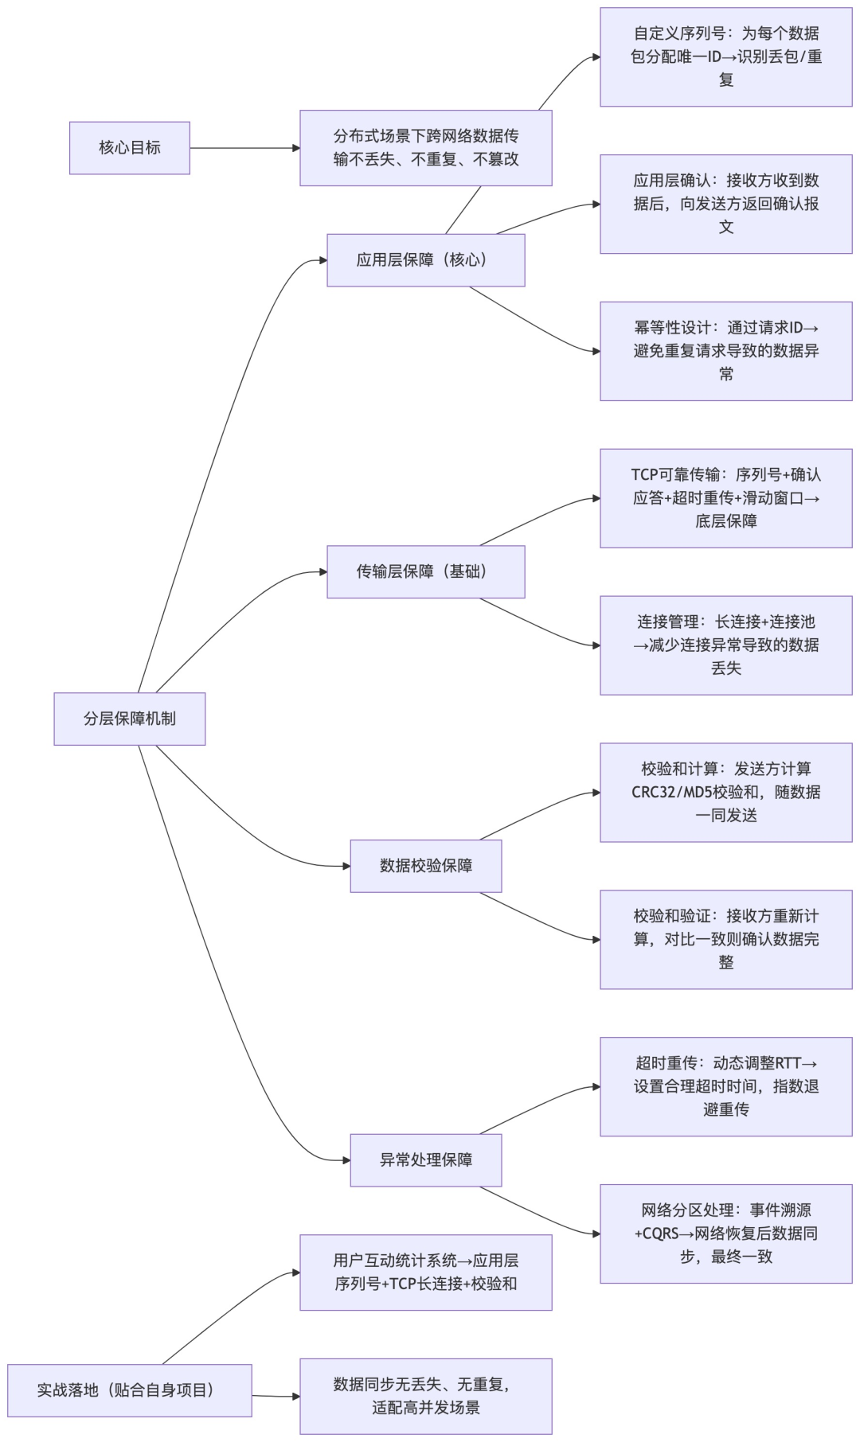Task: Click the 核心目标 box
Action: coord(129,148)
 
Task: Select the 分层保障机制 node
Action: coord(129,719)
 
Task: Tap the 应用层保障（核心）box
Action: coord(425,260)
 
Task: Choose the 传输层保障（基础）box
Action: coord(425,571)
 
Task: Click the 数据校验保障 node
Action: coord(425,866)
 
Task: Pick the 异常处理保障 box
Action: coord(425,1160)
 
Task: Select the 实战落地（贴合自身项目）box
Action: coord(129,1390)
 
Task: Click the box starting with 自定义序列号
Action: coord(725,57)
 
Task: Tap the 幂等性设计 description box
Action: coord(725,351)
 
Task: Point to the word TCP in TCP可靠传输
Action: coord(644,475)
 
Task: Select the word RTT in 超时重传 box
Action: coord(788,1063)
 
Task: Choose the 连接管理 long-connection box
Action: coord(725,645)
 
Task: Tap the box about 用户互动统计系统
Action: coord(425,1272)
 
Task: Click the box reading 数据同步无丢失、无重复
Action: coord(425,1396)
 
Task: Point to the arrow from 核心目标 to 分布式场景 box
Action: coord(244,148)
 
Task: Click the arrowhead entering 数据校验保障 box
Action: coord(346,866)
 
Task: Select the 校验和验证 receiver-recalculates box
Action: coord(725,940)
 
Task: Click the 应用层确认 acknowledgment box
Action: coord(725,205)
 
